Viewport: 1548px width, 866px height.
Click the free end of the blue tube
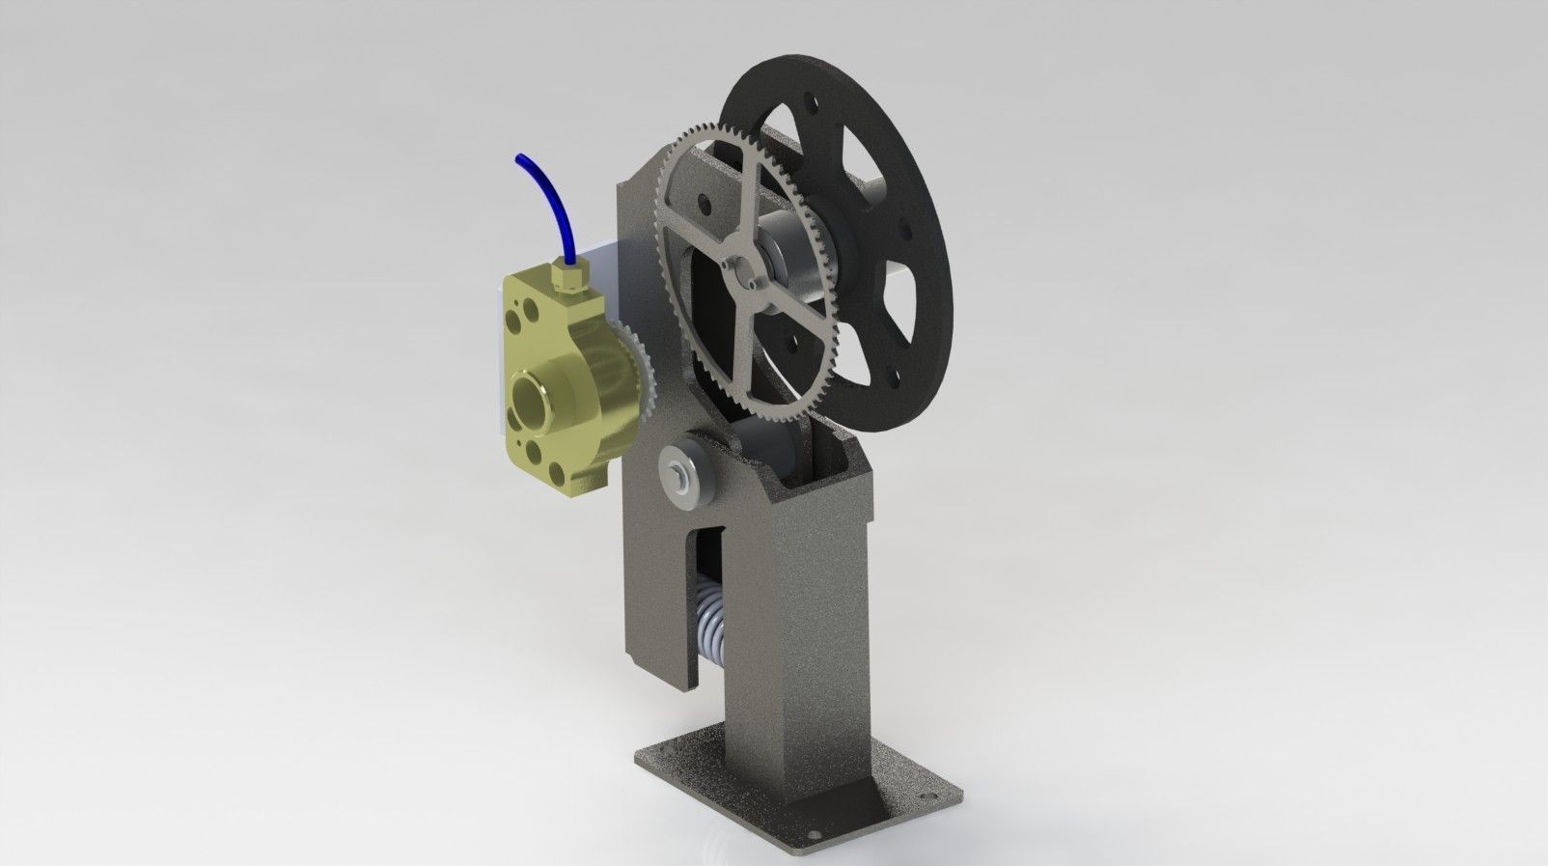point(518,155)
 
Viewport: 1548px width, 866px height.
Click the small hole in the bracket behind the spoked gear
point(707,203)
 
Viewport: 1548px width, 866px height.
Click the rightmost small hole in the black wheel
point(906,230)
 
